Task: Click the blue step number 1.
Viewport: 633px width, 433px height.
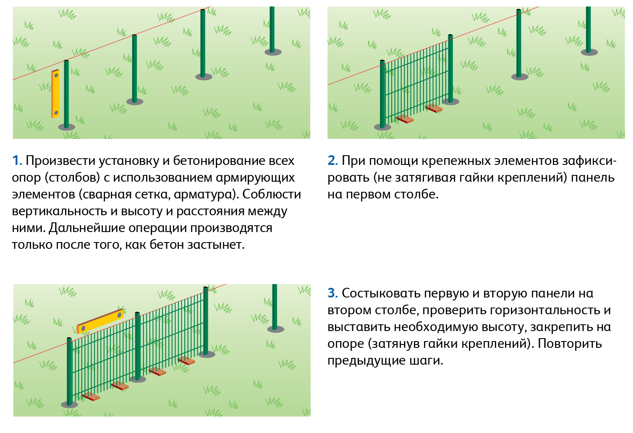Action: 17,161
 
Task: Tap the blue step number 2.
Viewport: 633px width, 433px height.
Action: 332,161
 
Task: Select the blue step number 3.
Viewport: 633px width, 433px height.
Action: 332,293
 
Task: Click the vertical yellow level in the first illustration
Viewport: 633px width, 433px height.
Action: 55,94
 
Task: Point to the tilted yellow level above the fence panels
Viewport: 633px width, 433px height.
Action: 100,321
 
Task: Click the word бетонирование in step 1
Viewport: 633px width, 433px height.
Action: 219,161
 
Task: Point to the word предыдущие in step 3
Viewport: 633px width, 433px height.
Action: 366,361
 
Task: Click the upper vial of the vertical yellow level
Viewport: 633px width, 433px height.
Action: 56,76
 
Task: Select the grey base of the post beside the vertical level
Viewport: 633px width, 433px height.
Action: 67,127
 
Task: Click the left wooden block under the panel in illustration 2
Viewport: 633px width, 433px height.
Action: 405,119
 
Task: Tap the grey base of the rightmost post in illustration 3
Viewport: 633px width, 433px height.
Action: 276,329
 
